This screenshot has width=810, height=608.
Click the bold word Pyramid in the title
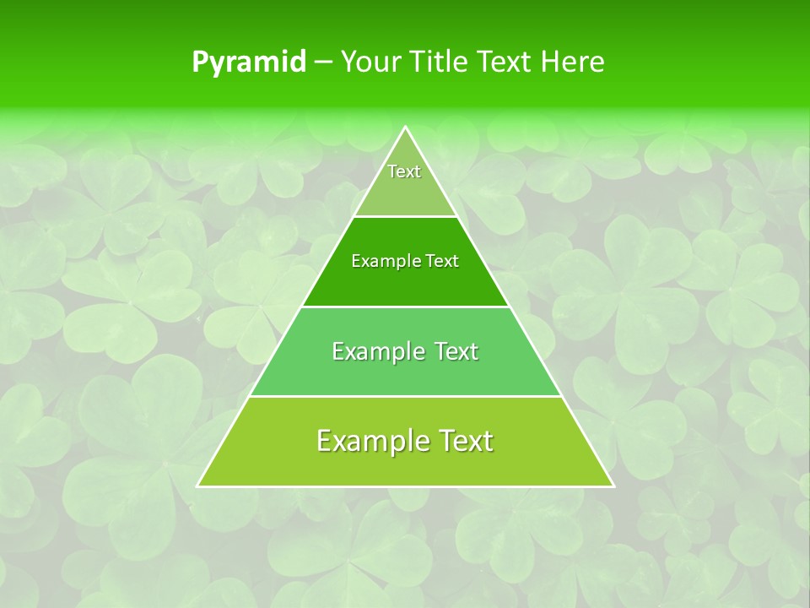pos(249,62)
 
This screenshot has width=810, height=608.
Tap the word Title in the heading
pos(438,62)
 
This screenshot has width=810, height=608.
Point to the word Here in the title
pos(573,62)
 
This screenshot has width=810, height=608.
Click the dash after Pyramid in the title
pos(323,62)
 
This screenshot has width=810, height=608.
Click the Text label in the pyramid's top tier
pos(404,171)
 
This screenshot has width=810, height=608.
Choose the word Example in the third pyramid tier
pos(375,351)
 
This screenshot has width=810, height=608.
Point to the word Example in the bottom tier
pos(368,441)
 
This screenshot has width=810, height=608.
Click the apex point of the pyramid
pos(405,128)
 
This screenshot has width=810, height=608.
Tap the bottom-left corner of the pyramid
pos(198,486)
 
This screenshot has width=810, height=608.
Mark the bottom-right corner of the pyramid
pos(613,486)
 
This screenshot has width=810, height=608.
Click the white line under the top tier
pos(405,217)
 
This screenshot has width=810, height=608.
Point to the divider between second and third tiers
pos(405,307)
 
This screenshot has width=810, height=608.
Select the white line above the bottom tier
pos(405,396)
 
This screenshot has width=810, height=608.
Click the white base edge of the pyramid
pos(405,486)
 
